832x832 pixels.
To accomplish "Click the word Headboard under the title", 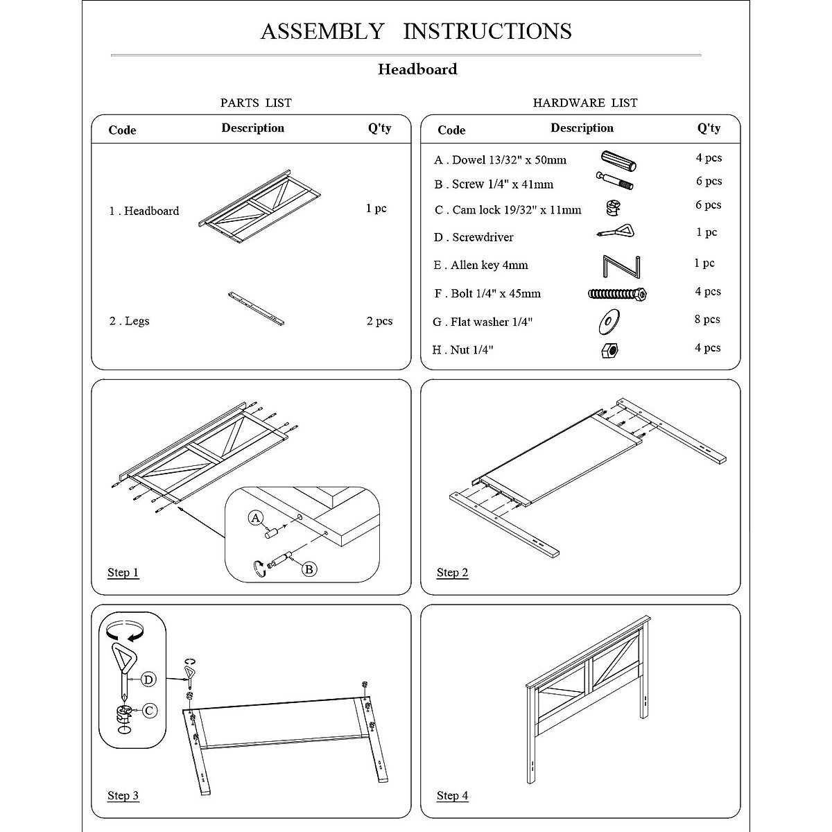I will pos(417,69).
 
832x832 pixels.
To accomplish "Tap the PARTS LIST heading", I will pos(256,103).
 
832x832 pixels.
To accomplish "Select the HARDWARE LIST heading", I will pos(584,103).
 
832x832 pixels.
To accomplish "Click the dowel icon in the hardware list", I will pos(618,160).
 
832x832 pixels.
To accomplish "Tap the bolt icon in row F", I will pos(617,293).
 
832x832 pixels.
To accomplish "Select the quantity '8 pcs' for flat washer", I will pos(707,320).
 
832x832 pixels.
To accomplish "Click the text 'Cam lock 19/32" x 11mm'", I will pos(517,209).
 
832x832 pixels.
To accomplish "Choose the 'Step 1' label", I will pos(123,573).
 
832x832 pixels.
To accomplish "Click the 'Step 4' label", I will pos(452,796).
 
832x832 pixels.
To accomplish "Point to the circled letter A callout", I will pos(256,518).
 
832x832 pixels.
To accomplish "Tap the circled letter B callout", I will pos(309,569).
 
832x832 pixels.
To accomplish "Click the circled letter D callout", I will pos(148,679).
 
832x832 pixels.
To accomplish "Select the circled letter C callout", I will pos(149,710).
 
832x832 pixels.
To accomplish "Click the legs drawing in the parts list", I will pos(256,308).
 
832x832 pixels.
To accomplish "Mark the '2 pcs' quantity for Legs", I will pos(379,321).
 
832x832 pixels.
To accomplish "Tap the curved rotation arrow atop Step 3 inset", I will pos(125,630).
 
